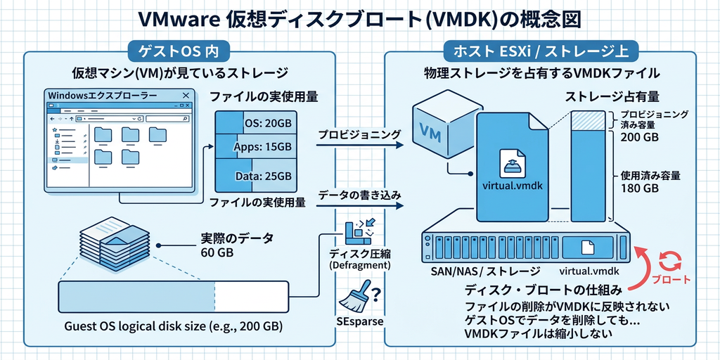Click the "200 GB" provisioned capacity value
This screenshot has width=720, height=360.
(x=640, y=138)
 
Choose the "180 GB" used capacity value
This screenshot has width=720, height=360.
(x=640, y=188)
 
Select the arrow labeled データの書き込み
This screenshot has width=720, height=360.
(x=359, y=206)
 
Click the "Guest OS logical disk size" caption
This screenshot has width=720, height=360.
(x=174, y=326)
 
